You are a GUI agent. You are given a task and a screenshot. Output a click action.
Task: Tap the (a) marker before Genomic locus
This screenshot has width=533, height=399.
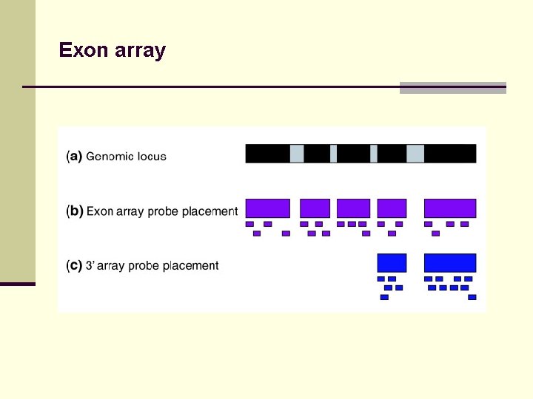74,157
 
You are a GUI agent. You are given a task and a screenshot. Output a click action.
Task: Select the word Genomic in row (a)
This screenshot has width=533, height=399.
110,157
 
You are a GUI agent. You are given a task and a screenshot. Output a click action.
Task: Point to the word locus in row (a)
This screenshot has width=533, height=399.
152,157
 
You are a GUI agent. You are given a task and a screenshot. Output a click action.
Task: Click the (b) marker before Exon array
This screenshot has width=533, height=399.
74,211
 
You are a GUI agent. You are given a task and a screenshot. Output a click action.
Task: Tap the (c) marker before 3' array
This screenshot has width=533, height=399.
74,266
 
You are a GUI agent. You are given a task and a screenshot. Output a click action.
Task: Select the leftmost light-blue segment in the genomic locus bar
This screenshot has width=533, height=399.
297,154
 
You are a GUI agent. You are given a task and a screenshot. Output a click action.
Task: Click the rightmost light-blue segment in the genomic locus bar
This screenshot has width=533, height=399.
415,154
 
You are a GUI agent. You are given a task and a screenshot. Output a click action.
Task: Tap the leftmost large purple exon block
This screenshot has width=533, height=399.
267,208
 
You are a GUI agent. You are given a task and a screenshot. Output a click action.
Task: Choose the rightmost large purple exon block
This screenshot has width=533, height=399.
449,208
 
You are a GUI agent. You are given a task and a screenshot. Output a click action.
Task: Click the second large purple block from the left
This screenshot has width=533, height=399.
315,208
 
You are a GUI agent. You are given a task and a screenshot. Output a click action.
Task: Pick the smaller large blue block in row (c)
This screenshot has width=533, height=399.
392,262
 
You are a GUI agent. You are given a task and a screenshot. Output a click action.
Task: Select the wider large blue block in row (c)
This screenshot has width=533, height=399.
449,262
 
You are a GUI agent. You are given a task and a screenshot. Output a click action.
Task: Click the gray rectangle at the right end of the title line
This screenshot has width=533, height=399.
452,87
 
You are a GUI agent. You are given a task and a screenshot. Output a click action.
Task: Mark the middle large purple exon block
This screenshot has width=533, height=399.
353,208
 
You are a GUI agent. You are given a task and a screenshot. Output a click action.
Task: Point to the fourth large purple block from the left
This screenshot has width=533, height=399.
392,208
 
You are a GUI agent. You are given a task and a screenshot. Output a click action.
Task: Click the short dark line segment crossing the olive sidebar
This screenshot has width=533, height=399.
18,284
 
